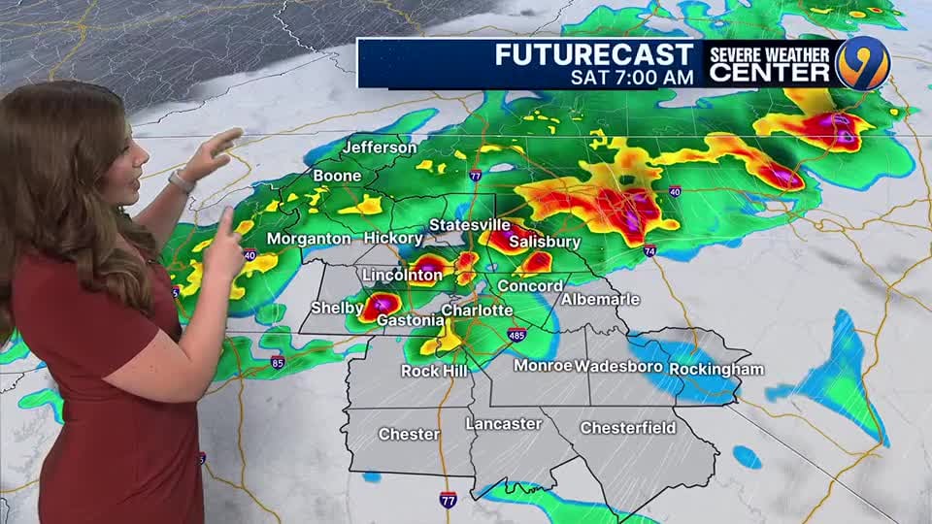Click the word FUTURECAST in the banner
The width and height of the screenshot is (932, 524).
coord(594,54)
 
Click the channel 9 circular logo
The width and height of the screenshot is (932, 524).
coord(863,63)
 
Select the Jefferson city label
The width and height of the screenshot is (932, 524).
coord(379,148)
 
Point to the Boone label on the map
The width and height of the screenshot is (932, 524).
coord(337,177)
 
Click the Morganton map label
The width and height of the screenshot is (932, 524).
coord(309,239)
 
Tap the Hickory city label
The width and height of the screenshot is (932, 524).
coord(393,239)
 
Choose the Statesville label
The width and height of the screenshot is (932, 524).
coord(462,225)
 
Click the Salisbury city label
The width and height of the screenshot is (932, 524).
coord(545,242)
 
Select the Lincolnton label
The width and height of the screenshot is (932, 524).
coord(402,276)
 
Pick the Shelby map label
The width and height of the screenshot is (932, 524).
coord(330,309)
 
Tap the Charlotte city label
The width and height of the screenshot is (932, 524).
coord(477,311)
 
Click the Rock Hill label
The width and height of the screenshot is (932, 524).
coord(434,371)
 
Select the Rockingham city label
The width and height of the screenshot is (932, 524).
coord(716,370)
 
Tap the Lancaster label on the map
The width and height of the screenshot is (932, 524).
coord(503,424)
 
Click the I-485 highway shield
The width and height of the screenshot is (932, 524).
coord(516,335)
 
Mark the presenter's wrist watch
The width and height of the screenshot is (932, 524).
coord(182,180)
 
